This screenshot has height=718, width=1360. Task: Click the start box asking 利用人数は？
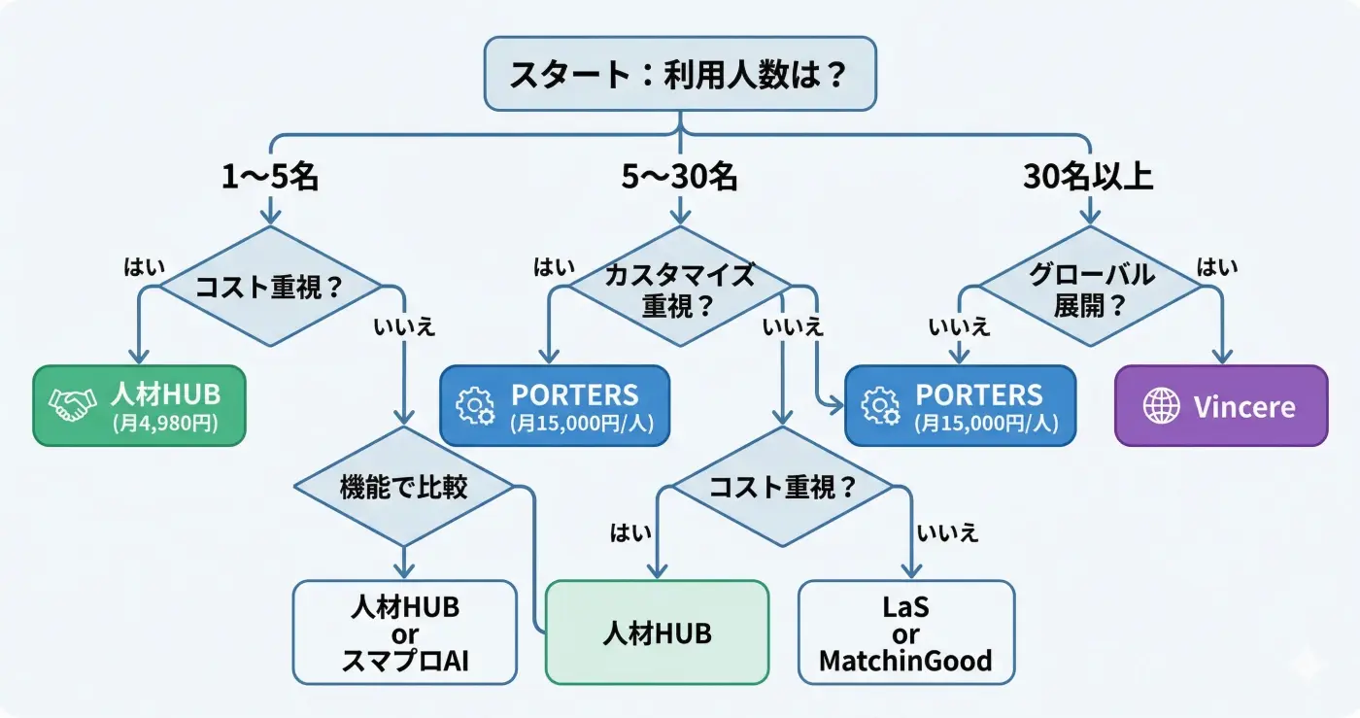click(680, 74)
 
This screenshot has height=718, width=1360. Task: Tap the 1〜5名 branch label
click(269, 177)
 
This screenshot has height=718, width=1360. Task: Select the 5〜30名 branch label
click(679, 177)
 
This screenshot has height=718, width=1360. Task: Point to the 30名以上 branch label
click(1088, 177)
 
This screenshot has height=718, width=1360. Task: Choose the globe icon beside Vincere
click(1161, 406)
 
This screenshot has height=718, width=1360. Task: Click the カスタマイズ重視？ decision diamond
click(679, 289)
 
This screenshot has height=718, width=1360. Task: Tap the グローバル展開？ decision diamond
click(1090, 289)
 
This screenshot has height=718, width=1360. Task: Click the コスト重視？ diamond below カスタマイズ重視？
click(783, 487)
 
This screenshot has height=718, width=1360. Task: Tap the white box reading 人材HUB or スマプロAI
click(404, 633)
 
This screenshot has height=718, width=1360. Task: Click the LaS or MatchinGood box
click(905, 633)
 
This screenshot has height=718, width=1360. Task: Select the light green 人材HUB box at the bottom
click(657, 633)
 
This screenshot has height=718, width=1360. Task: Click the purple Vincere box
click(1220, 406)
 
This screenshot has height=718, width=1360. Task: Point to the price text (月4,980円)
click(164, 424)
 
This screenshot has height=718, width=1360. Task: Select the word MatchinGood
click(905, 662)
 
